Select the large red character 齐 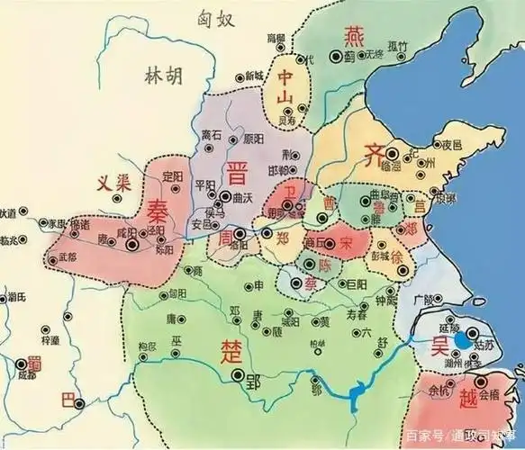point(374,154)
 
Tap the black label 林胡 point(163,76)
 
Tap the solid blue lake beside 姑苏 point(463,340)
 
